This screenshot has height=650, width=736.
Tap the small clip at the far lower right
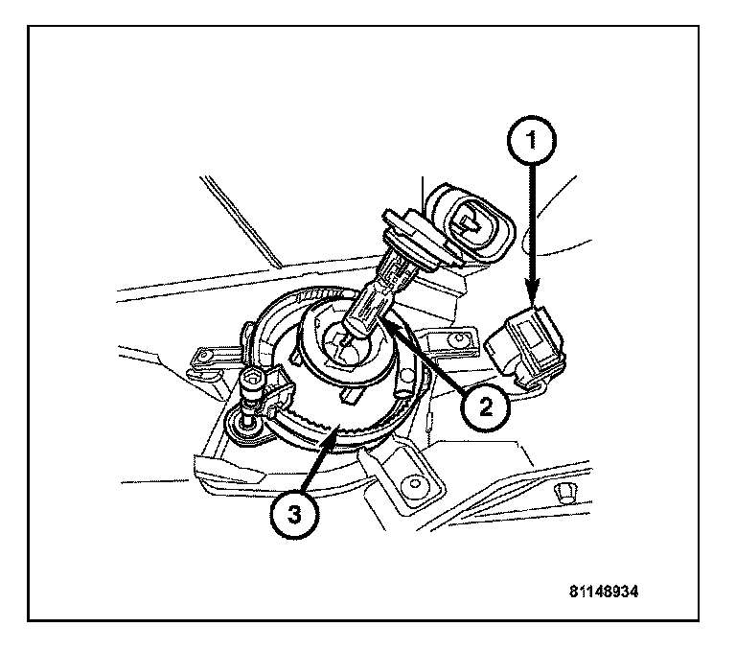click(566, 492)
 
